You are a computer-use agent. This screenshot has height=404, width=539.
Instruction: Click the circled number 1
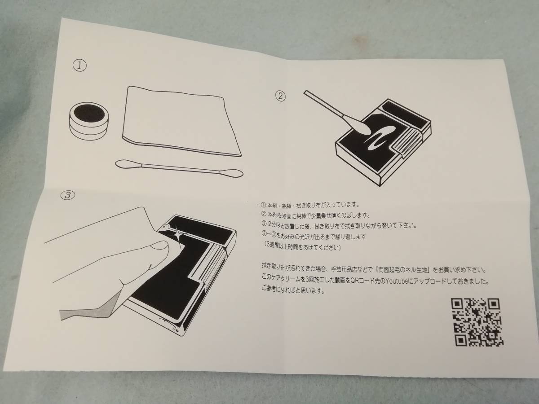pyautogui.click(x=80, y=66)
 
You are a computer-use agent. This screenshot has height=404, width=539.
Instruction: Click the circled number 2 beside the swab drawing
pyautogui.click(x=280, y=96)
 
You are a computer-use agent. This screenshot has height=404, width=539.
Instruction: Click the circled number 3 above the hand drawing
pyautogui.click(x=68, y=195)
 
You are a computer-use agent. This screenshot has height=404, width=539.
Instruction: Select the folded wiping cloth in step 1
pyautogui.click(x=182, y=121)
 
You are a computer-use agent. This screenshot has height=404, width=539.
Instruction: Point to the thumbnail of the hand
pyautogui.click(x=159, y=246)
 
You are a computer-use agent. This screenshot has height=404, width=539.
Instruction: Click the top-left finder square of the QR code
pyautogui.click(x=457, y=304)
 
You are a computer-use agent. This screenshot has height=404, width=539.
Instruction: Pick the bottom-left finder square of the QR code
pyautogui.click(x=461, y=340)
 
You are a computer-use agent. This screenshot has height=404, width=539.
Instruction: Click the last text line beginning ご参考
pyautogui.click(x=293, y=291)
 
